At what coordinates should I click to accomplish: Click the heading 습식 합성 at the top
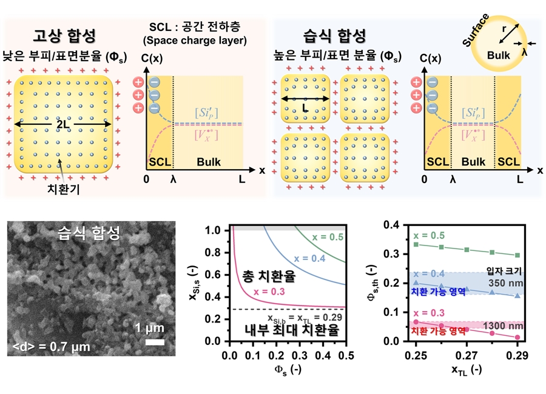[x=335, y=34]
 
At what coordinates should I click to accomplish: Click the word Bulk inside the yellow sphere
[x=498, y=54]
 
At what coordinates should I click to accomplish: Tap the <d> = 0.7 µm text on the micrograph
[x=52, y=347]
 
